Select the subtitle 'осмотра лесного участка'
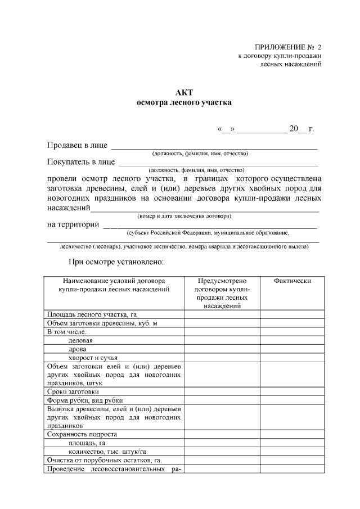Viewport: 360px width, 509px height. point(184,102)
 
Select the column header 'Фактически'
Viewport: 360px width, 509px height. point(292,281)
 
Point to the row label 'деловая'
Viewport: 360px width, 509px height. point(80,340)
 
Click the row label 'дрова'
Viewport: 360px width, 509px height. point(78,349)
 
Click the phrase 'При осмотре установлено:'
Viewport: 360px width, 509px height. point(116,262)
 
